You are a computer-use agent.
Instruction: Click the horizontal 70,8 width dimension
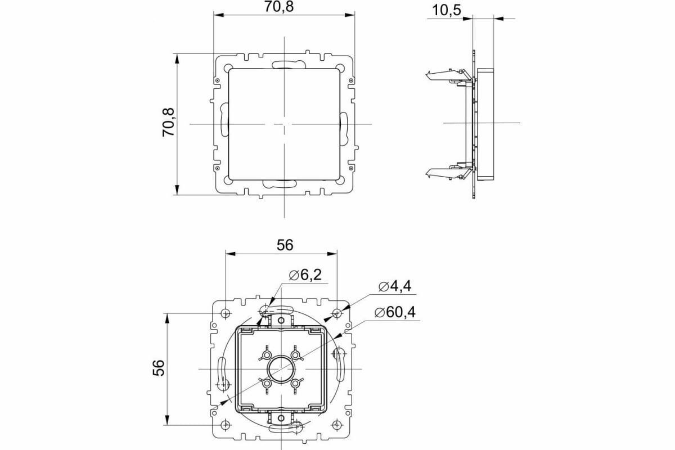pos(285,7)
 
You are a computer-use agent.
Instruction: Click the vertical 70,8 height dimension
pos(169,124)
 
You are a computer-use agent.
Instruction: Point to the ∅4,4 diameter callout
pos(395,286)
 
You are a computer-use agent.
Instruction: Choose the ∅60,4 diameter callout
pos(394,312)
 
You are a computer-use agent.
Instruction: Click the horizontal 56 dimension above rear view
pos(285,245)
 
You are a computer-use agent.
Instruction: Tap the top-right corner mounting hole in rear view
pos(336,313)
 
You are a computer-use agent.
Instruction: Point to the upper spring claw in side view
pos(444,75)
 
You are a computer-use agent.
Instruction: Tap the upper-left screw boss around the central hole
pos(265,355)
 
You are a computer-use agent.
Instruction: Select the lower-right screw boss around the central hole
pos(296,383)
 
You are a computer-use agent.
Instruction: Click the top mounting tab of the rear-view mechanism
pos(280,320)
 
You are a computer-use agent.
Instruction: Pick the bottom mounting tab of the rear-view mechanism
pos(280,417)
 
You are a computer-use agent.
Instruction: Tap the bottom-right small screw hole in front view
pos(352,167)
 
